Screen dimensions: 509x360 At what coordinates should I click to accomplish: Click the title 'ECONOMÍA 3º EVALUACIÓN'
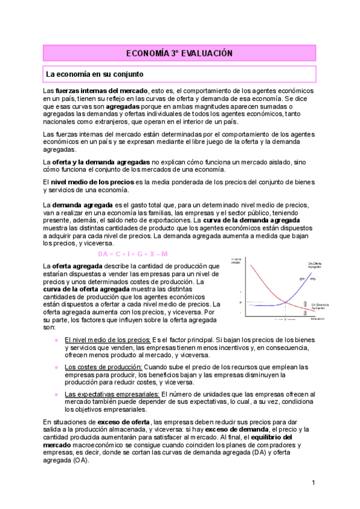pyautogui.click(x=179, y=53)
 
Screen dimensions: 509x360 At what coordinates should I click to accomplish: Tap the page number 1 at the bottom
pyautogui.click(x=313, y=483)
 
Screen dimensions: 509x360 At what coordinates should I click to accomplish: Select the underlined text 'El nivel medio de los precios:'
pyautogui.click(x=107, y=339)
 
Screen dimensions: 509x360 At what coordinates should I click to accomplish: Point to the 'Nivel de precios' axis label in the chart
pyautogui.click(x=236, y=261)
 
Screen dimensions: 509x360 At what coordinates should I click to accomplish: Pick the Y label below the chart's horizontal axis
pyautogui.click(x=285, y=320)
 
